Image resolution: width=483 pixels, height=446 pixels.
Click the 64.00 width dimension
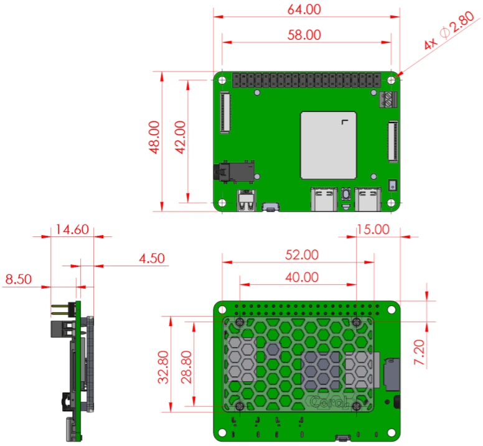point(304,10)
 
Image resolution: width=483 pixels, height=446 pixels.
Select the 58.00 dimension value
point(304,35)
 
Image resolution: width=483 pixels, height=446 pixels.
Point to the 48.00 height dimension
point(154,137)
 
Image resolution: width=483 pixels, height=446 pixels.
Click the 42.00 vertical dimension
point(179,137)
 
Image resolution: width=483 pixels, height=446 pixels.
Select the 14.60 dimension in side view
point(72,229)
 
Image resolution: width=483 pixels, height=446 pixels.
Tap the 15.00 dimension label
point(372,229)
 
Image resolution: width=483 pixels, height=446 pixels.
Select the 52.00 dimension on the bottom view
point(301,254)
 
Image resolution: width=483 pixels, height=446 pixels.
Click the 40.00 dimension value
point(301,277)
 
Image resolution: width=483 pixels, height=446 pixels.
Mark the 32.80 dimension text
point(163,367)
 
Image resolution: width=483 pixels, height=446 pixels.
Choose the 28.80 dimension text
point(187,367)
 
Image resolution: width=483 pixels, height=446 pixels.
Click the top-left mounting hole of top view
point(222,80)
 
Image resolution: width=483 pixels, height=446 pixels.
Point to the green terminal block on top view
point(386,99)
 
